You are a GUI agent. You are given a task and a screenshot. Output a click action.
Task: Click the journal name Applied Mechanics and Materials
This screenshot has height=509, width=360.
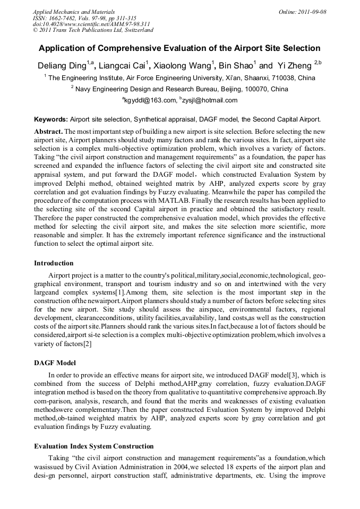(73, 12)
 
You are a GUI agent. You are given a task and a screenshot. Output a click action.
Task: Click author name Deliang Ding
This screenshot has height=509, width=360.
(62, 66)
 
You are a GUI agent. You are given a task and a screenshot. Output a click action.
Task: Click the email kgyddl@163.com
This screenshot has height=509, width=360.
(150, 100)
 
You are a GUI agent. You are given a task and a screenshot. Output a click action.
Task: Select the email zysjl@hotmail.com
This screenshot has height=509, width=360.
(210, 100)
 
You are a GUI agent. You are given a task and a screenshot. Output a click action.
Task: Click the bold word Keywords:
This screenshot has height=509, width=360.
(51, 120)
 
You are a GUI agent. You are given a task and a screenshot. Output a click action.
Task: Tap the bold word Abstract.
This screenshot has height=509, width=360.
(49, 131)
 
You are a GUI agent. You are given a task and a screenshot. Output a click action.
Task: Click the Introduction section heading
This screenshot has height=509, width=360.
(54, 263)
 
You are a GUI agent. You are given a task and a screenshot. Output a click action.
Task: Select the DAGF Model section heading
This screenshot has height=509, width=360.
(55, 363)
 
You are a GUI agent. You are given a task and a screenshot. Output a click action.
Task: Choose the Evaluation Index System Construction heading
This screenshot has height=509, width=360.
(94, 446)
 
